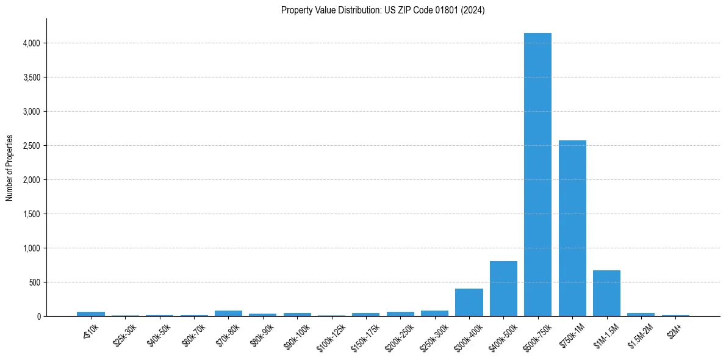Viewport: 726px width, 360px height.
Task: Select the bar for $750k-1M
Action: (572, 228)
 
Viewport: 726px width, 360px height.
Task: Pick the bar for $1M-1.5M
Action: (606, 293)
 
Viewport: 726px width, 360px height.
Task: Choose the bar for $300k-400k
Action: (469, 303)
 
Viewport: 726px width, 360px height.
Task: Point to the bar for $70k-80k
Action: (228, 314)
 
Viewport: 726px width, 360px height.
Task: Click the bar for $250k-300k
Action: (434, 314)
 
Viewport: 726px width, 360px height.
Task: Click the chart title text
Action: (383, 10)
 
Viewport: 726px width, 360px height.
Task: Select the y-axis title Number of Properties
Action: (10, 168)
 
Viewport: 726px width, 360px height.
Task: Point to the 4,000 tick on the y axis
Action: (31, 43)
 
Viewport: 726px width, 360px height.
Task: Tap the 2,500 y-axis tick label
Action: (31, 146)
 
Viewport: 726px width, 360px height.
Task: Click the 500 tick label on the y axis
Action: (34, 283)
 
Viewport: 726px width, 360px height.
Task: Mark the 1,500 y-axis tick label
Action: (31, 214)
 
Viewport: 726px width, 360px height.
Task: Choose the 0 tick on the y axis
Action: (38, 317)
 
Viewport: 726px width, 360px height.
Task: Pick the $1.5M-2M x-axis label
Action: (640, 333)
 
